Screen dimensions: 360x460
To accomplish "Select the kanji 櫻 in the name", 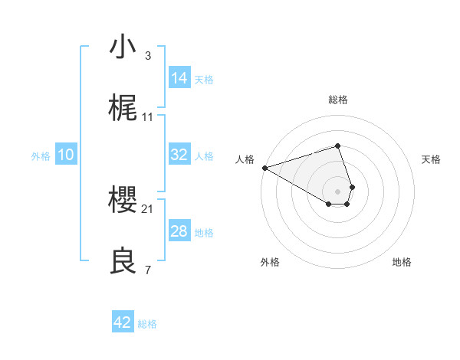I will pos(123,201).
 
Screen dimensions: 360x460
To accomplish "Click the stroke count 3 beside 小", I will pos(148,56).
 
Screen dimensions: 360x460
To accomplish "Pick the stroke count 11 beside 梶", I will pos(148,117).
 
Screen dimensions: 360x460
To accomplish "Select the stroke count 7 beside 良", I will pos(148,270).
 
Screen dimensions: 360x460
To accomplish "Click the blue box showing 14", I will pos(179,78).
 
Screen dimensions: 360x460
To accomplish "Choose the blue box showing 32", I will pos(179,155).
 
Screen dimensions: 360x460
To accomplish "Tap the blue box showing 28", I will pos(179,231).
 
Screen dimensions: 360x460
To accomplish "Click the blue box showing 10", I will pos(66,155).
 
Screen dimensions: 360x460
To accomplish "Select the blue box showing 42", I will pos(123,322).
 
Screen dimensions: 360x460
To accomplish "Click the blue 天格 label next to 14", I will pos(204,80).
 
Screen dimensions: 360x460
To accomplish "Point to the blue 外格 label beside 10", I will pos(41,156).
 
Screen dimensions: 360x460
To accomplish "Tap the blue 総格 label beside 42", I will pos(147,324).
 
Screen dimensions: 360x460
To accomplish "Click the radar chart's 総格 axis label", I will pos(338,100).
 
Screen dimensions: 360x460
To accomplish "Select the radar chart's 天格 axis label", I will pos(432,159).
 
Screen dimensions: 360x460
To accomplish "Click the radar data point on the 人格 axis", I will pos(264,168).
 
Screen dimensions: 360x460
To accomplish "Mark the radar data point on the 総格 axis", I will pos(338,146).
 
